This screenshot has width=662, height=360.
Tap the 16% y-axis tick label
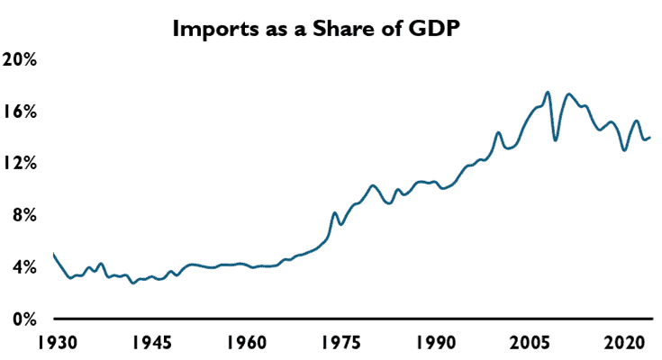[x=21, y=112]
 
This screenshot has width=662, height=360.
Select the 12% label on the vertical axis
[x=21, y=163]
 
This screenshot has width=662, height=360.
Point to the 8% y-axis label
[x=24, y=215]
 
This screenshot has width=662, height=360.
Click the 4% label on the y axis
[x=24, y=267]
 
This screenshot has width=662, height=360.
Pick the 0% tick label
[x=24, y=319]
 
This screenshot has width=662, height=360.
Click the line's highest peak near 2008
[x=548, y=92]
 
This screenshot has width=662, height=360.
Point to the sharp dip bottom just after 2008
[x=555, y=139]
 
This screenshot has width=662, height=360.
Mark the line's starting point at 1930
[x=54, y=255]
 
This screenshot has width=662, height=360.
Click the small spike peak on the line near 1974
[x=335, y=213]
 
